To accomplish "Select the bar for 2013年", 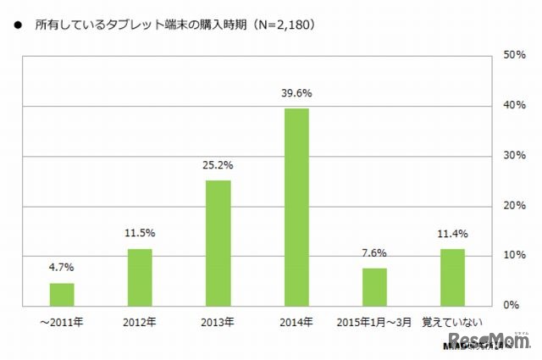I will coord(218,243).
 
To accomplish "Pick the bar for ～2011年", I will coord(62,294).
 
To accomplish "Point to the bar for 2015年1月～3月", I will coord(374,286).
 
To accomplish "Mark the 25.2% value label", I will coord(218,167).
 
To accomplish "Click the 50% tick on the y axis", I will coord(516,56).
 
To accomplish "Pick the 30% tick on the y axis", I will coord(516,156).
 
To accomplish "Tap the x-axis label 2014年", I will coord(296,322).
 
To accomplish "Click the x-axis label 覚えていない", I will coord(452,322).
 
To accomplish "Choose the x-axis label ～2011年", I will coord(62,322).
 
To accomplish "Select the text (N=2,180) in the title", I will coord(280,25).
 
